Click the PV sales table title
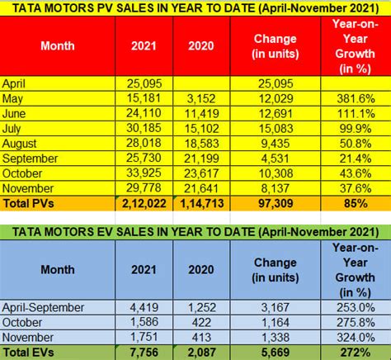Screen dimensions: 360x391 [x=195, y=9]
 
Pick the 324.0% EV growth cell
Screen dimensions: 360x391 [x=355, y=337]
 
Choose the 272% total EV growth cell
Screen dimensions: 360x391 [x=355, y=352]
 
